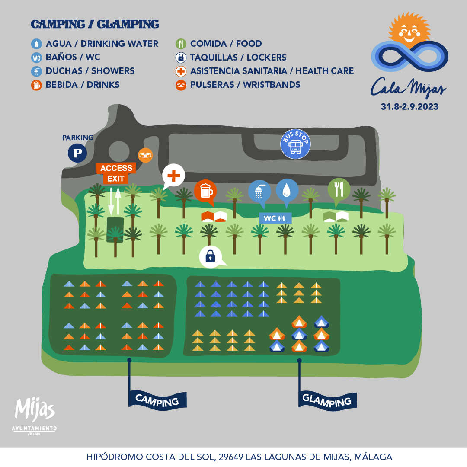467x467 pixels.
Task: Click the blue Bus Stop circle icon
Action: (295, 144)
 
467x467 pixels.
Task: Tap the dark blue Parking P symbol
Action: (77, 153)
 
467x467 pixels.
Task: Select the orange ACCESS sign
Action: (116, 168)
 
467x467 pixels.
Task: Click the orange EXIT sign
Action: (115, 178)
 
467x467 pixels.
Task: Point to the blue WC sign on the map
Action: (275, 218)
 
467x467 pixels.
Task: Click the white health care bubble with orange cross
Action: (173, 176)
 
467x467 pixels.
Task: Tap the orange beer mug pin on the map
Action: (205, 190)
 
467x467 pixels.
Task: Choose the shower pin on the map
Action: (259, 190)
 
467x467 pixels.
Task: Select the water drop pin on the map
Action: (287, 190)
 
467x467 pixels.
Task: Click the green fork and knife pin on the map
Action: (339, 189)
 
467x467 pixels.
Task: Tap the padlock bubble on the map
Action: (211, 256)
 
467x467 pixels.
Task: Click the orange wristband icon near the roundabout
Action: (145, 155)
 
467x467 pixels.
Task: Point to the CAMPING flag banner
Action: (157, 400)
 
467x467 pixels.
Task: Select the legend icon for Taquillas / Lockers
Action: (181, 58)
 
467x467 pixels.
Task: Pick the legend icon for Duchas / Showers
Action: (36, 71)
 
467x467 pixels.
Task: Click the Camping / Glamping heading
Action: (95, 24)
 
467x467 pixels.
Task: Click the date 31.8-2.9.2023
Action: (409, 107)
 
